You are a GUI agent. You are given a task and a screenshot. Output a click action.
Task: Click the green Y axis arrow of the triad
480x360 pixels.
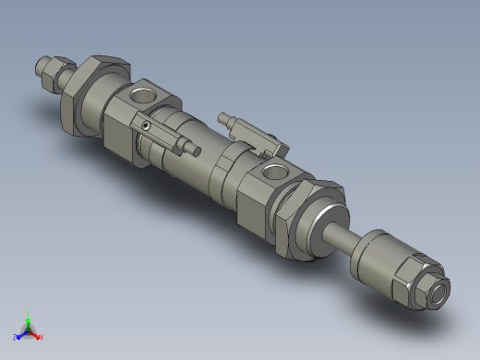[29, 317]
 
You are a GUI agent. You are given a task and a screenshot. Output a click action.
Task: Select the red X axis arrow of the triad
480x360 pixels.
[39, 338]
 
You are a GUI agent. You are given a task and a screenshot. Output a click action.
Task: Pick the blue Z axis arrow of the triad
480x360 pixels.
[18, 337]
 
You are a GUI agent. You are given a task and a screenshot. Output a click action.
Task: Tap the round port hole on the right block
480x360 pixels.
[274, 172]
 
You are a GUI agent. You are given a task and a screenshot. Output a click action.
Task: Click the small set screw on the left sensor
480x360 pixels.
[145, 126]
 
